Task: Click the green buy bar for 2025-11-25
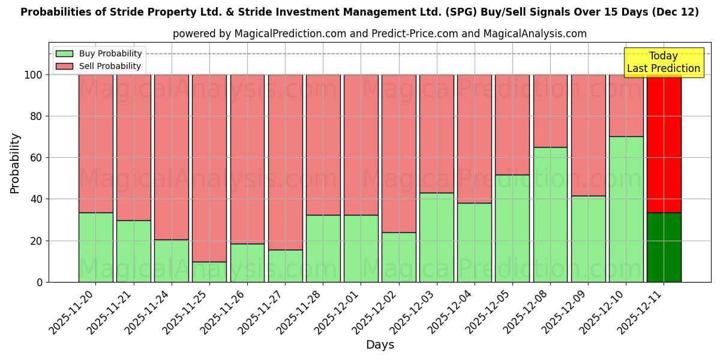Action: pyautogui.click(x=209, y=272)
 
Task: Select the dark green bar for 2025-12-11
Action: pyautogui.click(x=664, y=247)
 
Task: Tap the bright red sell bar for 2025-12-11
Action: pyautogui.click(x=664, y=144)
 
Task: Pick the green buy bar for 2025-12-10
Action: pyautogui.click(x=626, y=209)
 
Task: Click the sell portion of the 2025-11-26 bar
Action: pyautogui.click(x=247, y=159)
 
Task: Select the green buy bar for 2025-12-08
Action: pyautogui.click(x=550, y=214)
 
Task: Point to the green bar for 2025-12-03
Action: pyautogui.click(x=436, y=237)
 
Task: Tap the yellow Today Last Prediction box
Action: pyautogui.click(x=663, y=62)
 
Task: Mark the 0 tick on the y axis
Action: pyautogui.click(x=40, y=282)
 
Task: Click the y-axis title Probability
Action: pyautogui.click(x=15, y=163)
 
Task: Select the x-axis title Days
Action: pyautogui.click(x=380, y=345)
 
